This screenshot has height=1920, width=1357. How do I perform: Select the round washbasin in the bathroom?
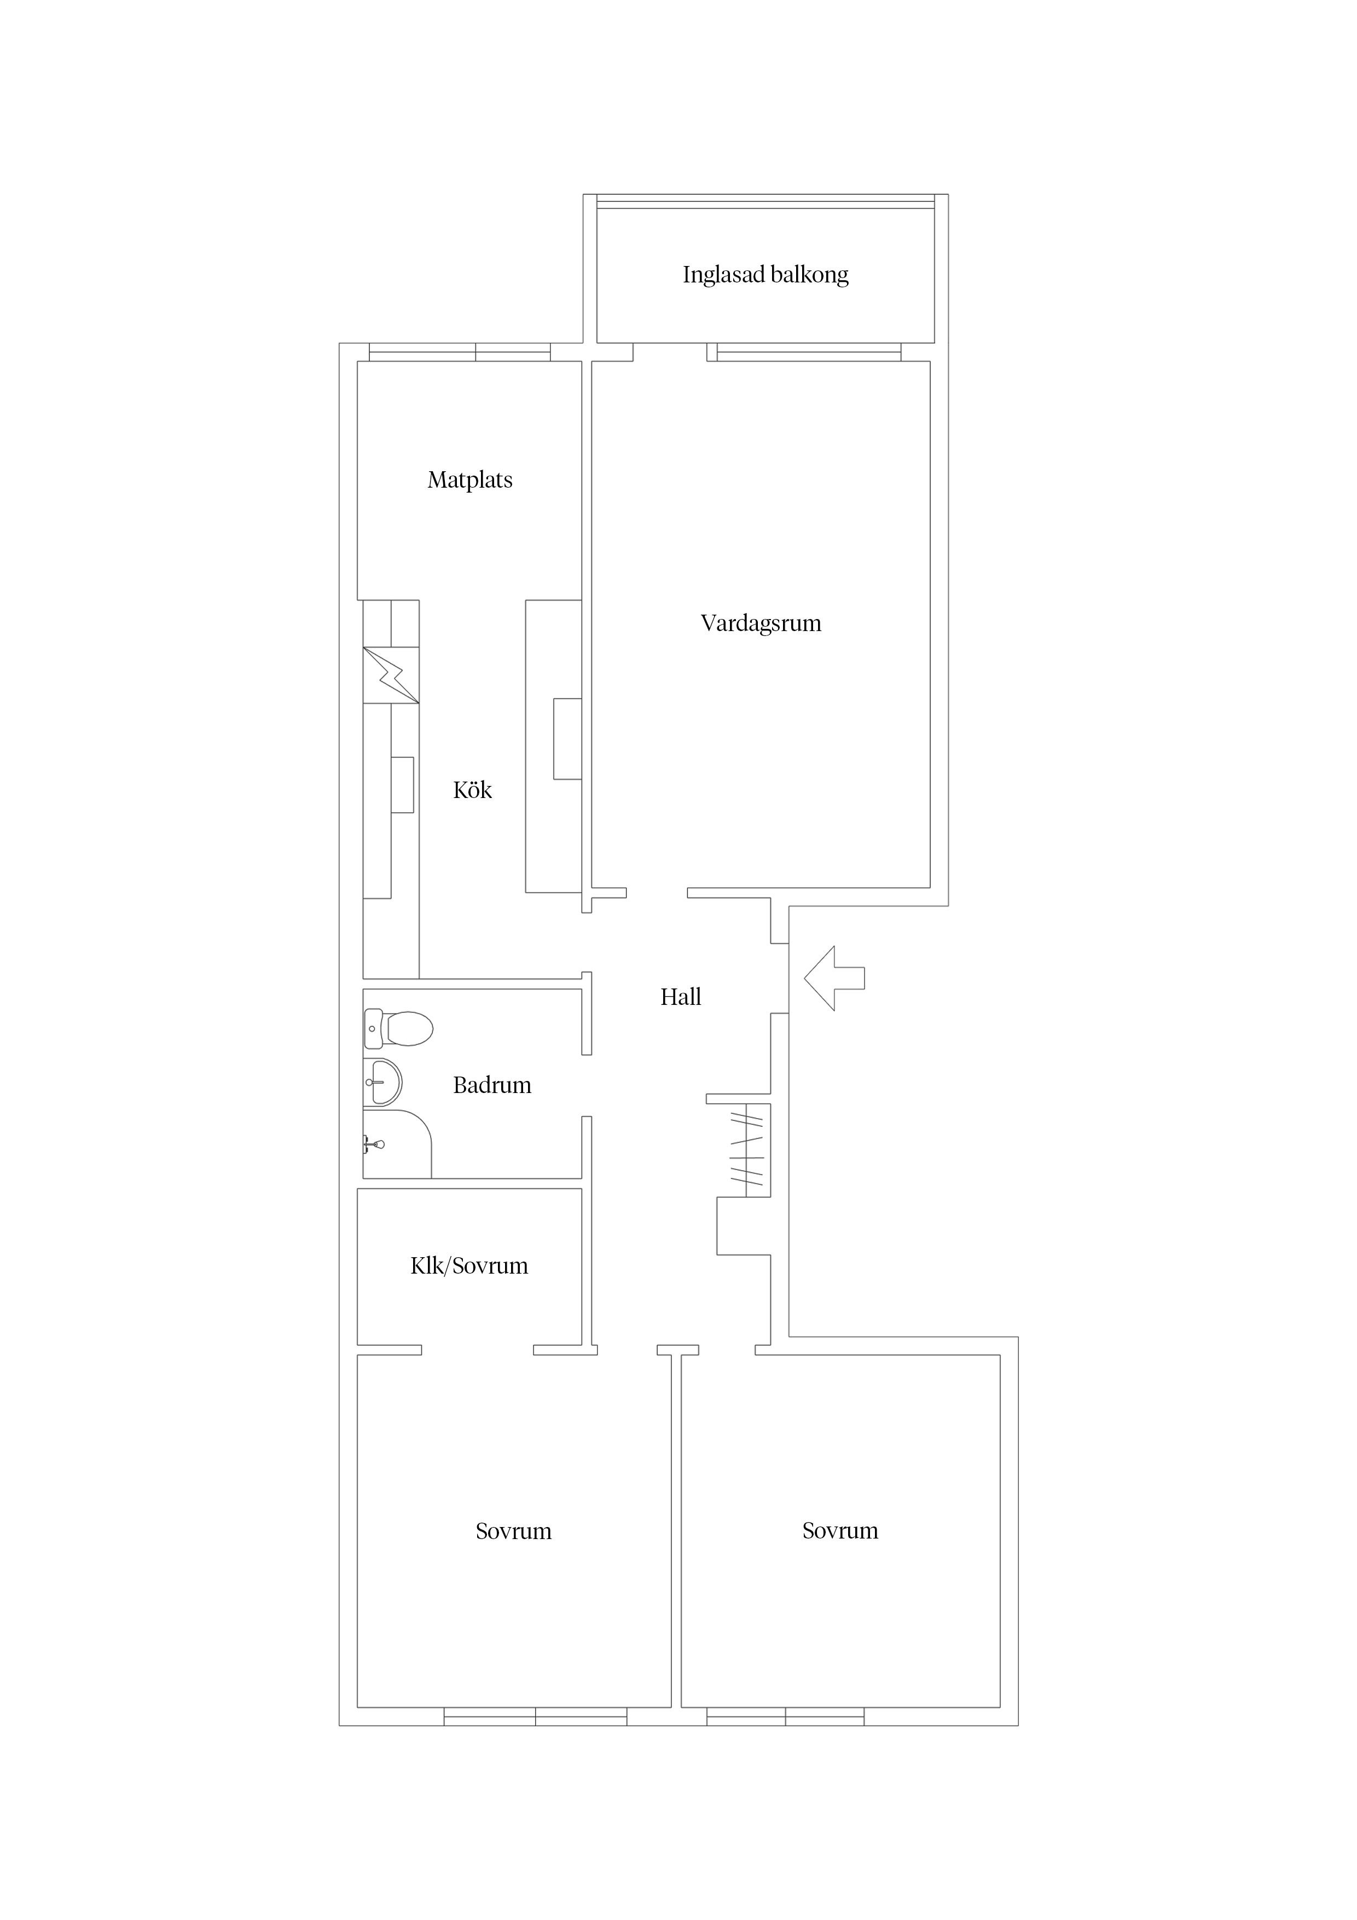click(x=383, y=1083)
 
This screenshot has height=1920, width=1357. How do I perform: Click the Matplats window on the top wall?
click(x=460, y=352)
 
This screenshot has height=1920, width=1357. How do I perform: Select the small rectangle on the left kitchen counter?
click(x=402, y=784)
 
